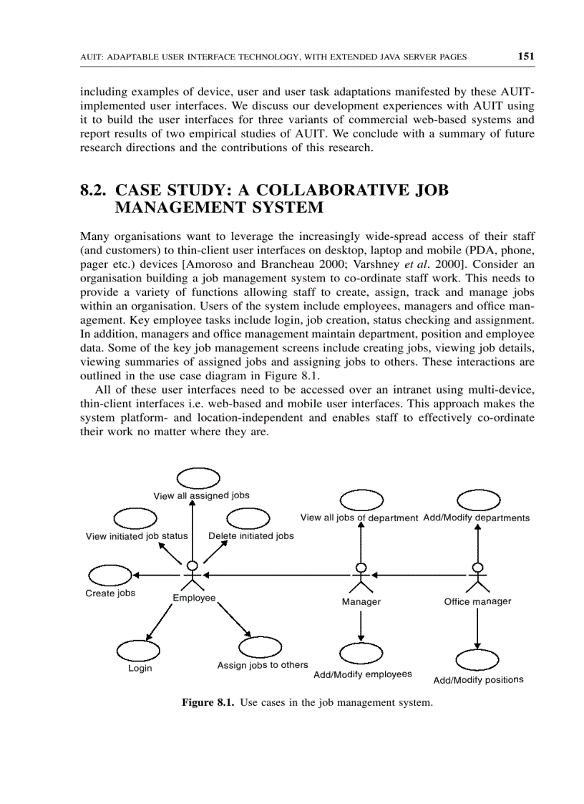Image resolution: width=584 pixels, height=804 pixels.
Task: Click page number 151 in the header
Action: click(x=525, y=56)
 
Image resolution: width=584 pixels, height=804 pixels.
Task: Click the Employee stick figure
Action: click(x=192, y=576)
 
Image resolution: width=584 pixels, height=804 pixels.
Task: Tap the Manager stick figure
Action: click(x=361, y=578)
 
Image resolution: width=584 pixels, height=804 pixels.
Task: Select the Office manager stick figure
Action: click(x=477, y=578)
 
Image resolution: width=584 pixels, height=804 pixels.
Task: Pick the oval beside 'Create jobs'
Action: click(x=109, y=574)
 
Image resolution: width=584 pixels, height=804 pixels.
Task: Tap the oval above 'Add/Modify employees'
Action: click(x=361, y=653)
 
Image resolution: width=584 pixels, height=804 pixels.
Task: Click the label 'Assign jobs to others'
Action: click(x=263, y=665)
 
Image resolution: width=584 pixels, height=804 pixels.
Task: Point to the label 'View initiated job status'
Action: click(x=137, y=536)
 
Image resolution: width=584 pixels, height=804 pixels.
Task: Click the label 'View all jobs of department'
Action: click(x=359, y=518)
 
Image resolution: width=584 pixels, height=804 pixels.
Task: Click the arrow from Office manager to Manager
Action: click(x=419, y=575)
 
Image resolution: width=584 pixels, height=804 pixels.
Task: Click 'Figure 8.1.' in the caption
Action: click(x=208, y=703)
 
